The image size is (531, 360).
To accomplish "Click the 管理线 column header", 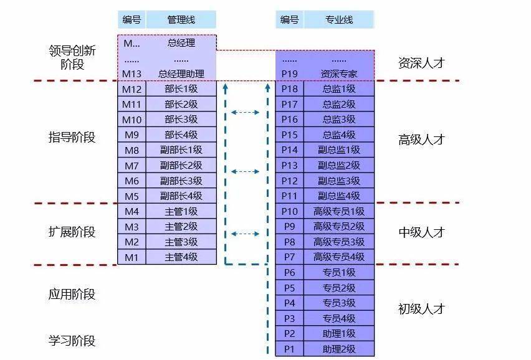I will (181, 20).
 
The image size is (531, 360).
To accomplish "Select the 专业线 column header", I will (339, 20).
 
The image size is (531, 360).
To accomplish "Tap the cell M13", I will (132, 73).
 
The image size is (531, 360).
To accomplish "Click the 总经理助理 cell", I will (181, 73).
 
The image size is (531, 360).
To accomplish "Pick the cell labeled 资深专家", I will (339, 73).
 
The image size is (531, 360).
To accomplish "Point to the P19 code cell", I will (289, 73).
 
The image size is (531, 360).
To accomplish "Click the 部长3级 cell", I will (181, 120).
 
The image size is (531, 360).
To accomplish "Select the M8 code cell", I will (132, 150).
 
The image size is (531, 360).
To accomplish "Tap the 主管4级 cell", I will (181, 257).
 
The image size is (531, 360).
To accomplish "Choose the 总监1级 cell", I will (339, 89).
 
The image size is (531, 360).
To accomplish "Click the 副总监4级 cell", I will (339, 196).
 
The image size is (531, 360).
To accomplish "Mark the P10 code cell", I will (289, 211).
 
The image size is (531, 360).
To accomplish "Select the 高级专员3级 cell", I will (339, 242).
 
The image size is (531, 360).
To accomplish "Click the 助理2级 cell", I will (339, 349).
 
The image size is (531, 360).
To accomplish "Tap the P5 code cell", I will (289, 288).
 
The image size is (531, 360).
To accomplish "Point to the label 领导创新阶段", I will (72, 57).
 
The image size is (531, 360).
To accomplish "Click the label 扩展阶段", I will (72, 232).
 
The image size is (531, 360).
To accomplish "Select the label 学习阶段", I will (72, 341).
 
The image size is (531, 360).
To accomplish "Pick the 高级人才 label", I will (422, 140).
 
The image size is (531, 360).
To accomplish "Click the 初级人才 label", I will (422, 309).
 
